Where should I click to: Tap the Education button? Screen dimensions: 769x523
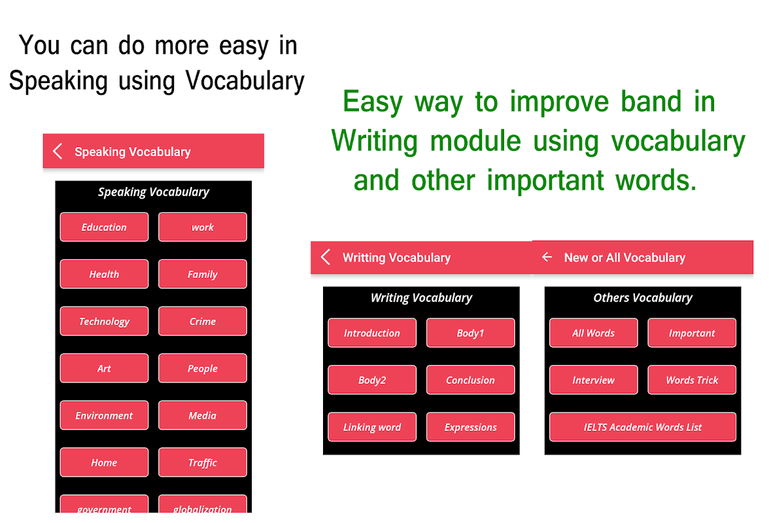coord(104,227)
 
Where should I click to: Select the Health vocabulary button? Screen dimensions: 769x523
coord(104,274)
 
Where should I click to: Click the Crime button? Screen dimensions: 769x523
coord(203,321)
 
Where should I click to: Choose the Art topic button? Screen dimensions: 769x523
coord(104,368)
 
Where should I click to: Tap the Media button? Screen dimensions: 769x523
coord(203,415)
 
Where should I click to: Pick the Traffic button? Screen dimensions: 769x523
coord(203,462)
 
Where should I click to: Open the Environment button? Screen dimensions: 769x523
coord(104,415)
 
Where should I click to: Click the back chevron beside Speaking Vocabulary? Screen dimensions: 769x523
coord(58,151)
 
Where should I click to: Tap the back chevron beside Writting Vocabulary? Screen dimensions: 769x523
coord(325,257)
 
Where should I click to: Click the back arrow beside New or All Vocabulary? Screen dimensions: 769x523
coord(547,257)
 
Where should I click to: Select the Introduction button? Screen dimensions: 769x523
coord(371,333)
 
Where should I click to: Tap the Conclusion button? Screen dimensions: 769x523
coord(470,380)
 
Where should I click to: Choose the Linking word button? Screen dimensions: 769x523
coord(371,427)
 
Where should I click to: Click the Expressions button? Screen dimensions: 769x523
coord(470,427)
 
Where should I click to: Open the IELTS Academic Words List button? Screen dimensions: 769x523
coord(642,427)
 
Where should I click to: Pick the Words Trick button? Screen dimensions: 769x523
coord(692,380)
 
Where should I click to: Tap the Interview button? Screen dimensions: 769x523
coord(594,380)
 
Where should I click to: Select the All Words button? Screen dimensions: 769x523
coord(594,333)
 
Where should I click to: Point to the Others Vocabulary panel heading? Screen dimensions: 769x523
coord(642,297)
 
